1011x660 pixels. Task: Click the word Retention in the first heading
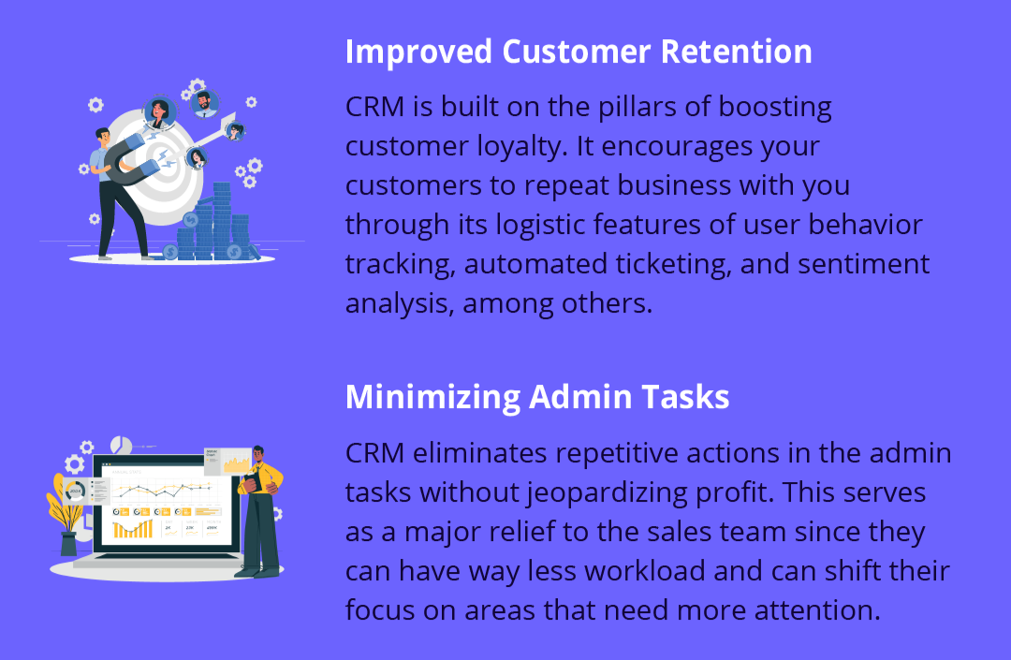tap(737, 51)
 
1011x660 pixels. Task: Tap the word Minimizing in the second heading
tap(432, 398)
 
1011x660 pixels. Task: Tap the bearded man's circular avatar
tap(204, 104)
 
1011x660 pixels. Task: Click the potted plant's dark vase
tap(68, 543)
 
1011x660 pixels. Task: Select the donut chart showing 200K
tap(76, 491)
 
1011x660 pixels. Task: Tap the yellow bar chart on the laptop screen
tap(133, 529)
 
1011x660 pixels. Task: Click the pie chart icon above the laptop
tap(121, 446)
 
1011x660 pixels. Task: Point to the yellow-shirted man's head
tap(258, 454)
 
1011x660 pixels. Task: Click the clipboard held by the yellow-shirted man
tap(250, 483)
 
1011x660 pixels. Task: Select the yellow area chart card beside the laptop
tap(227, 462)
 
